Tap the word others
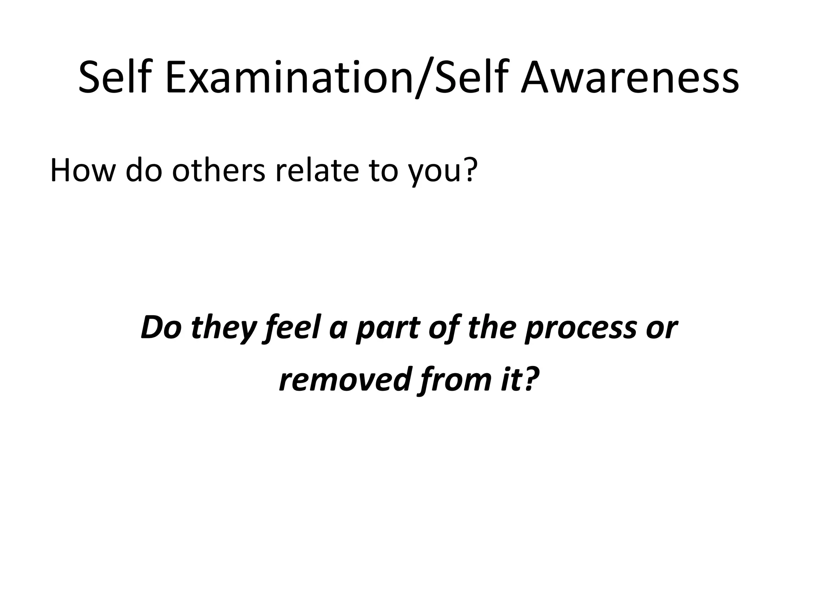click(x=218, y=170)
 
